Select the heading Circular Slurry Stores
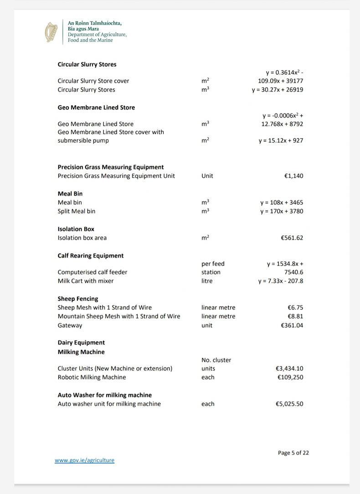pos(87,64)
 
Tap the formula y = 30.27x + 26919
pos(277,90)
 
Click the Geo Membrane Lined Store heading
pos(96,108)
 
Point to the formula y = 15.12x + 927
pos(281,141)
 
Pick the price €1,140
pos(293,176)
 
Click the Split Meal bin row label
pos(76,211)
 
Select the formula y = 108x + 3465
pos(282,202)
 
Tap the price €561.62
pos(292,238)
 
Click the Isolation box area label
pos(82,238)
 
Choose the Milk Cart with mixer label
pos(85,281)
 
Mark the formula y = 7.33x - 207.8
pos(280,281)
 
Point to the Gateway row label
pos(70,325)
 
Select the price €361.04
pos(292,325)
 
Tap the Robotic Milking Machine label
pos(92,377)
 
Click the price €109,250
pos(290,377)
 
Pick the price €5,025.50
pos(289,404)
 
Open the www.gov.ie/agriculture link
pos(84,460)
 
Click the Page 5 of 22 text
pos(293,453)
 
